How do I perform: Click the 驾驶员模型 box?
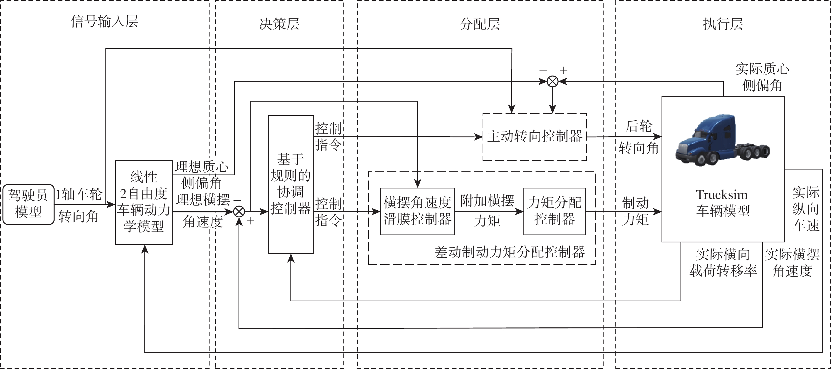point(28,204)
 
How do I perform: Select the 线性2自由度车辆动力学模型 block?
point(144,202)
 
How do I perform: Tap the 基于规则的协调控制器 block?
point(291,184)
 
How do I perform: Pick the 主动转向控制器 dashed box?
point(534,137)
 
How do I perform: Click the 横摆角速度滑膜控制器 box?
point(417,211)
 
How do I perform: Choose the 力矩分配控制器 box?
point(554,211)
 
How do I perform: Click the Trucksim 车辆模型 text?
point(722,203)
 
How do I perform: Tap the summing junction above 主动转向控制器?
point(553,82)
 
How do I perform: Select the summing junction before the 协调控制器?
point(239,212)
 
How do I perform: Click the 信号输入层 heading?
point(104,22)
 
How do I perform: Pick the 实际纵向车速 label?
point(805,209)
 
